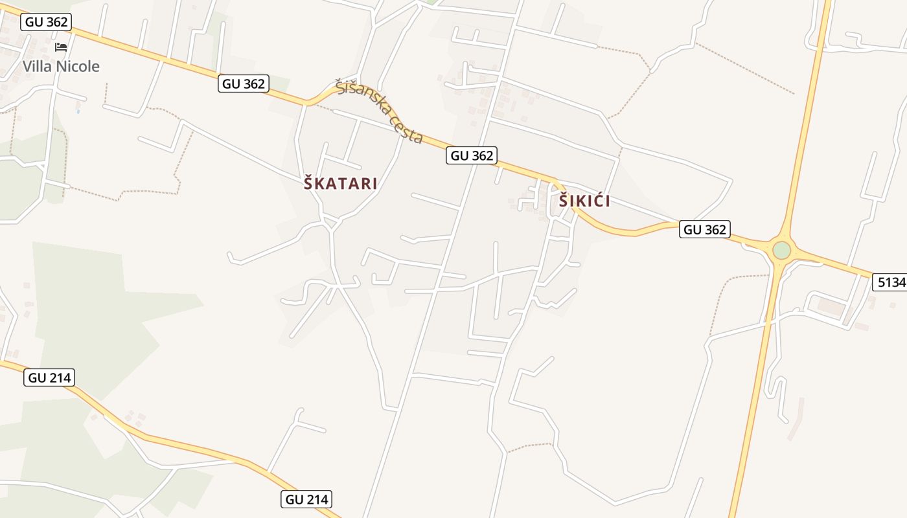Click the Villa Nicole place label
tap(61, 66)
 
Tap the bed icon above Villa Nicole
tap(61, 47)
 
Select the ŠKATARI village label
tap(341, 184)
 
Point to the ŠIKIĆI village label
tap(584, 201)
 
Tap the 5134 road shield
tap(891, 282)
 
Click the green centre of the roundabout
tap(782, 250)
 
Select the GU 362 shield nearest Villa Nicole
tap(46, 22)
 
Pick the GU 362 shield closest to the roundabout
tap(705, 229)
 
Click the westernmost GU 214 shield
tap(50, 377)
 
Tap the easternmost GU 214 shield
tap(308, 499)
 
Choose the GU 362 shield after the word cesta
tap(472, 155)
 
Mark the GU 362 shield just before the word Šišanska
tap(244, 84)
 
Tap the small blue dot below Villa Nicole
tap(78, 111)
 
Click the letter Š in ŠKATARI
tap(310, 184)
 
